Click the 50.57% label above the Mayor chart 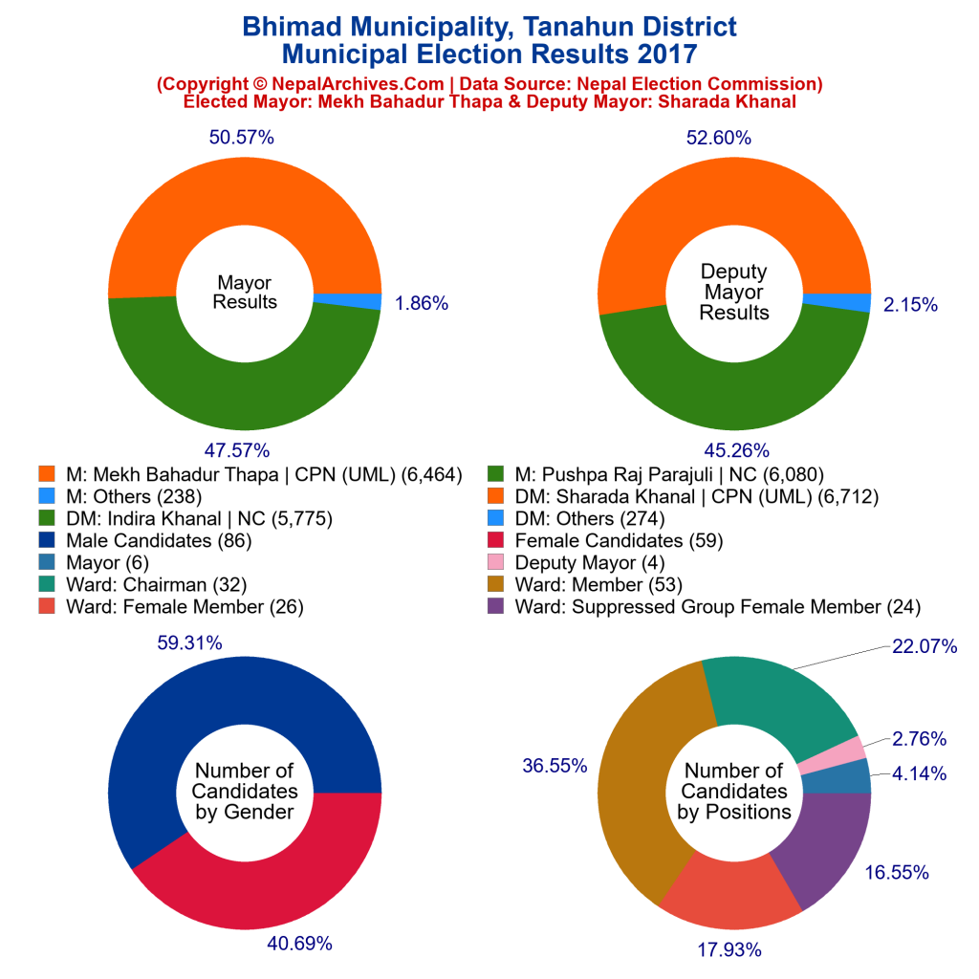coord(242,138)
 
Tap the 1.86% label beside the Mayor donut coord(421,304)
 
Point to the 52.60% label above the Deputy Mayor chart coord(718,138)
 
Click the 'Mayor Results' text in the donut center coord(245,293)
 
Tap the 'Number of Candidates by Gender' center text coord(245,792)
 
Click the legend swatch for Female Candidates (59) coord(496,540)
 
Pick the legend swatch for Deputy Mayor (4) coord(496,562)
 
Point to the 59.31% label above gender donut coord(189,643)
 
